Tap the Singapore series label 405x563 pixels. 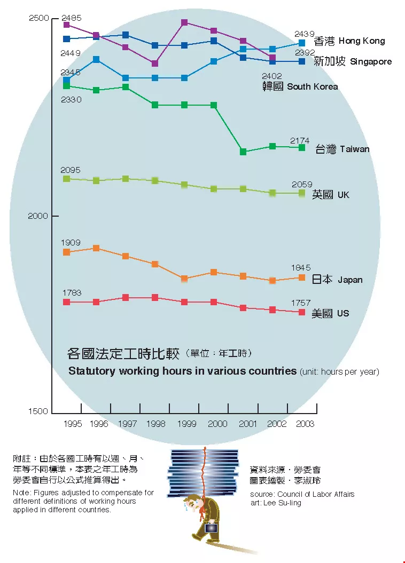tap(352, 61)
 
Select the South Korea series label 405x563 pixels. tap(300, 86)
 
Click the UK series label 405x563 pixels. tap(331, 195)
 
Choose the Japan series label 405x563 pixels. tap(337, 280)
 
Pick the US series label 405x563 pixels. tap(330, 313)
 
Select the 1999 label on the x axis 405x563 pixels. tap(186, 424)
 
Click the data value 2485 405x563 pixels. tap(71, 18)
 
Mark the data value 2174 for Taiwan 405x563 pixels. tap(300, 140)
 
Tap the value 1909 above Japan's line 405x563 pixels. tap(71, 243)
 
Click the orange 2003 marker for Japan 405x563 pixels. tap(302, 277)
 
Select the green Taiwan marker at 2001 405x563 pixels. tap(243, 152)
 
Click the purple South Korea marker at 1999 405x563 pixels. tap(184, 22)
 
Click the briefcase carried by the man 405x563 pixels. tap(211, 527)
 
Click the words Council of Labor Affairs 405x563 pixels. tap(313, 494)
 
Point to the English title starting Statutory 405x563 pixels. tap(182, 371)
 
